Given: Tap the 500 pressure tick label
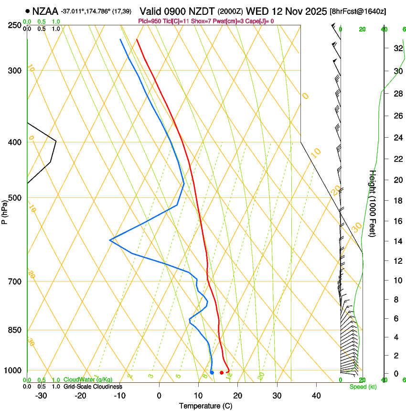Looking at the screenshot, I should pyautogui.click(x=14, y=198).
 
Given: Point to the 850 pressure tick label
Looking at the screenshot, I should pyautogui.click(x=14, y=330).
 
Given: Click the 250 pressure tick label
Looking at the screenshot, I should pyautogui.click(x=14, y=25).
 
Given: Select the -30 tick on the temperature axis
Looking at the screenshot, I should pyautogui.click(x=41, y=395).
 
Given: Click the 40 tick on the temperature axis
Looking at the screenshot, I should pyautogui.click(x=316, y=395).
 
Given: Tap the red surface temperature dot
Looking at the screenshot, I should pyautogui.click(x=222, y=372).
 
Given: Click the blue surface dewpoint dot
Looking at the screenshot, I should pyautogui.click(x=212, y=372).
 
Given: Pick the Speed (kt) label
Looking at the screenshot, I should pyautogui.click(x=363, y=387).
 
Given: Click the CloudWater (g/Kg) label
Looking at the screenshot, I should pyautogui.click(x=88, y=379).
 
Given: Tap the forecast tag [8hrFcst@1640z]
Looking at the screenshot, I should pyautogui.click(x=358, y=11).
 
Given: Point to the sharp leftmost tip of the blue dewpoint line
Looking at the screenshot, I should pyautogui.click(x=110, y=240).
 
